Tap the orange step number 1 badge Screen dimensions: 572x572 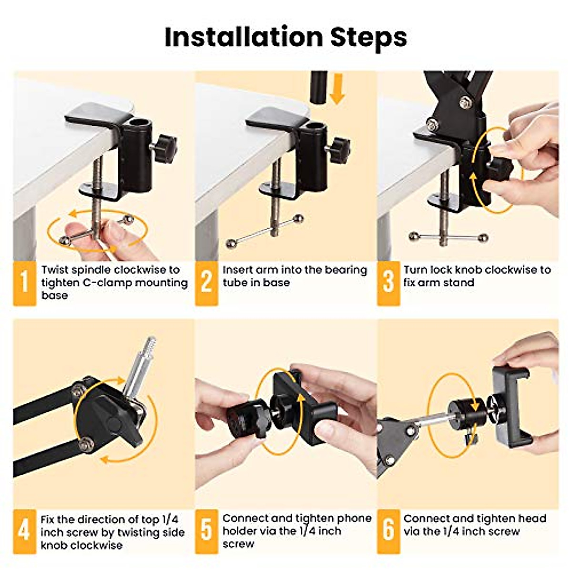click(24, 282)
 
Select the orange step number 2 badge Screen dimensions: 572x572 click(206, 282)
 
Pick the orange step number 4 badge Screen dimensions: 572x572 click(24, 531)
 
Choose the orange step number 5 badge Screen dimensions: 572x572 click(206, 531)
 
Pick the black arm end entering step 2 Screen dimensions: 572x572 click(319, 86)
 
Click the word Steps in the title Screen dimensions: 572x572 click(369, 37)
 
